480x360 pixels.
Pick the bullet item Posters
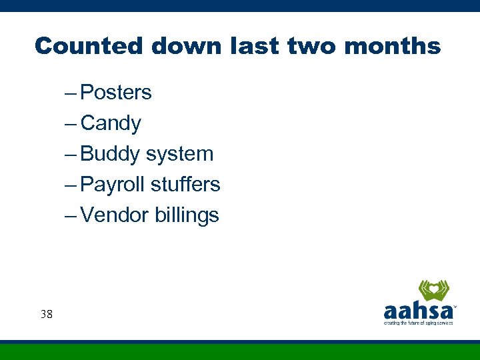(x=115, y=93)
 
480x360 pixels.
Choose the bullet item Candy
(x=111, y=123)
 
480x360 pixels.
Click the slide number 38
(x=46, y=313)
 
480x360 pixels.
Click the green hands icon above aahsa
(x=433, y=291)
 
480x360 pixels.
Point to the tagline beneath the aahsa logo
(x=418, y=323)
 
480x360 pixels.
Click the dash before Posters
(x=71, y=93)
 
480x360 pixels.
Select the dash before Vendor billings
(x=71, y=216)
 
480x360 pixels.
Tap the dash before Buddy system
(x=71, y=155)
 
